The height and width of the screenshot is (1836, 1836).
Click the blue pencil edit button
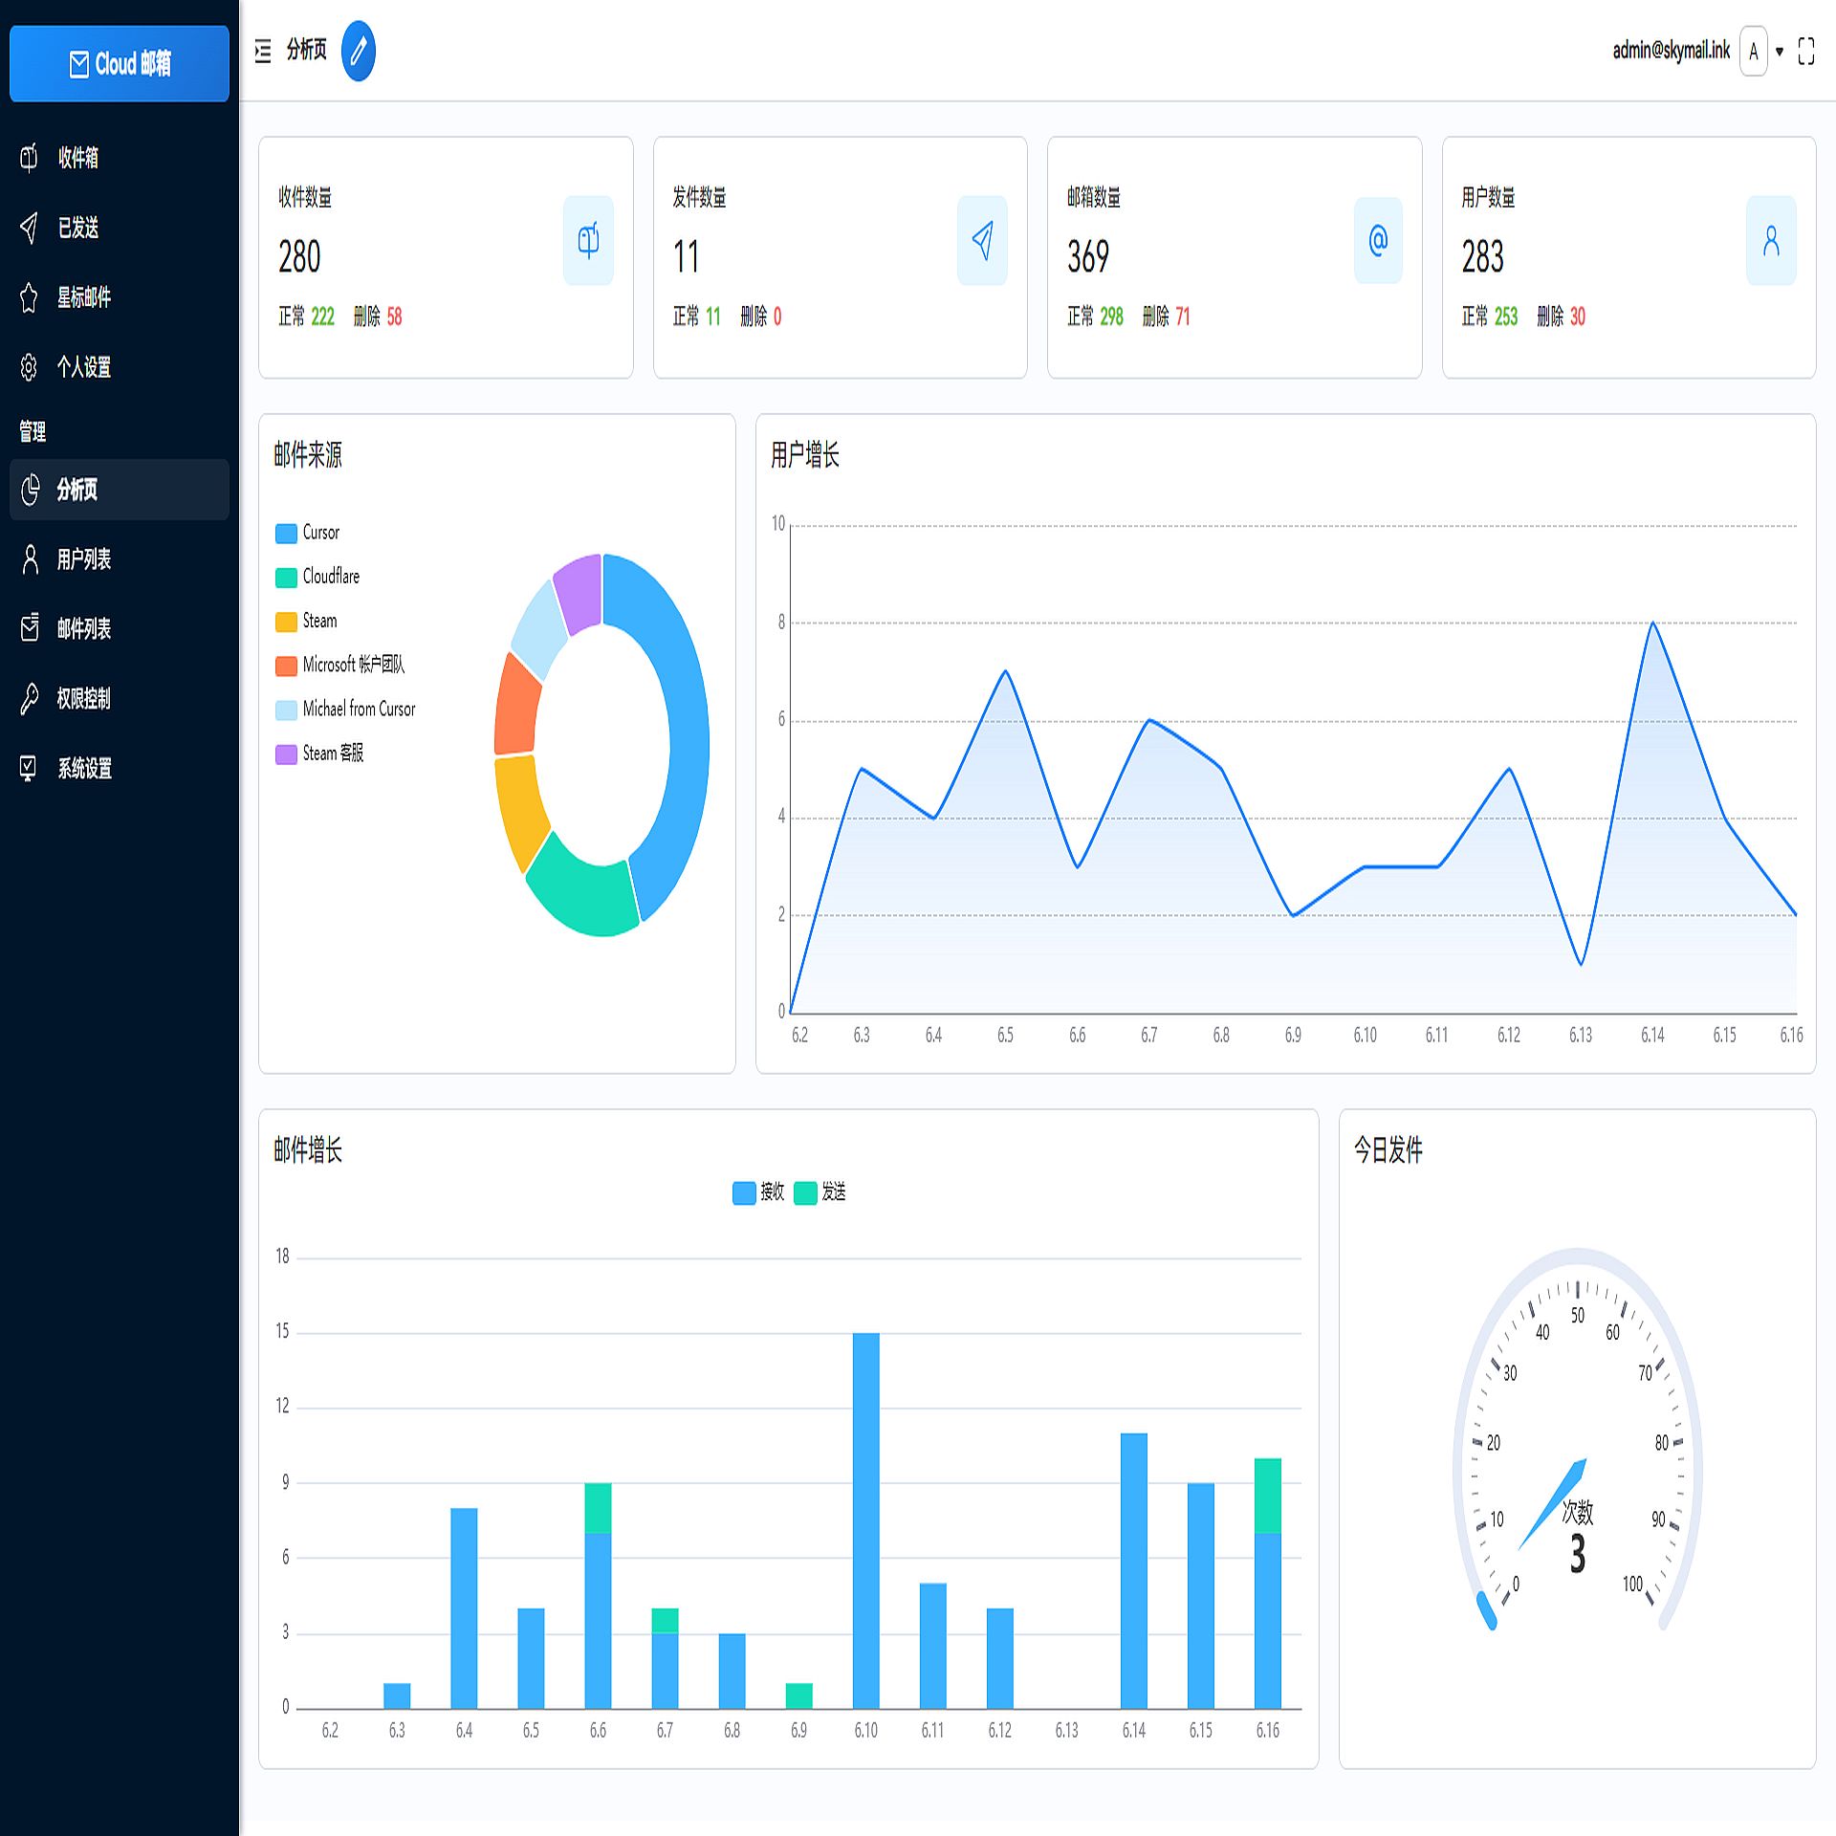point(358,51)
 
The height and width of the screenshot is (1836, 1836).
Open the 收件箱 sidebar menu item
point(77,158)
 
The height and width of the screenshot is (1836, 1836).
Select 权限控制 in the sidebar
point(83,699)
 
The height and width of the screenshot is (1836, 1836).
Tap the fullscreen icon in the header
point(1805,51)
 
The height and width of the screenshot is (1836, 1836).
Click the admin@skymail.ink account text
point(1671,51)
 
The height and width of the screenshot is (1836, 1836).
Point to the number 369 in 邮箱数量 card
point(1088,257)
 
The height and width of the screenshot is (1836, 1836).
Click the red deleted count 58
point(394,317)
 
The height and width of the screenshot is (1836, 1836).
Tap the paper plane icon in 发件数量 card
point(982,240)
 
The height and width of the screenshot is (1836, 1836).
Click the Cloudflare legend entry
point(331,577)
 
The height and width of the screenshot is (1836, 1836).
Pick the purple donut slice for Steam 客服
point(579,593)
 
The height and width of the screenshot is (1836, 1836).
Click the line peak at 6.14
point(1652,623)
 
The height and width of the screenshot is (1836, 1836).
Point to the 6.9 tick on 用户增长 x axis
point(1293,1035)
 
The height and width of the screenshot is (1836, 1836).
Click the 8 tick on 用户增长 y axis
point(781,623)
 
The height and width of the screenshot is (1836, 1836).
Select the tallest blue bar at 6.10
point(865,1520)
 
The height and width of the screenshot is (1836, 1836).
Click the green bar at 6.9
point(798,1695)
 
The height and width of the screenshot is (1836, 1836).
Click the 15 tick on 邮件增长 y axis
point(282,1331)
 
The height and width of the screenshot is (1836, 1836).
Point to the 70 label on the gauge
point(1645,1373)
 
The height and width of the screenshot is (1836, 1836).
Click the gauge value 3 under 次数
point(1577,1555)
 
